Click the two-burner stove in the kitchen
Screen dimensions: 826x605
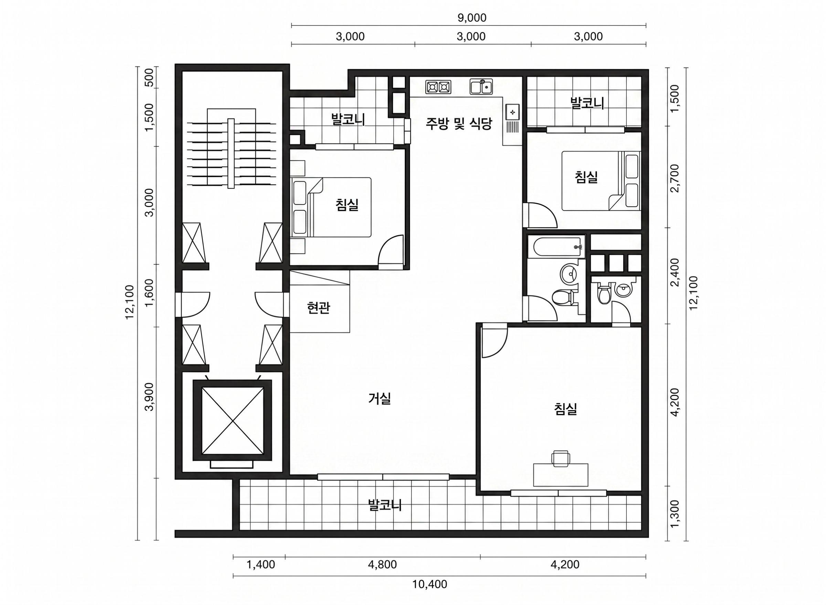[438, 87]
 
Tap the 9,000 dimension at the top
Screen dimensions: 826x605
[472, 18]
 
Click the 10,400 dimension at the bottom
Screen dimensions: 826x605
[430, 584]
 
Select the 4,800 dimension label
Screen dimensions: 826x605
[382, 564]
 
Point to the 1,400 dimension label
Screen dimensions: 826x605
[261, 564]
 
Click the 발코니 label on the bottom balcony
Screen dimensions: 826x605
[385, 505]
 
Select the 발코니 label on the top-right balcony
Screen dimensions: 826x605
[587, 103]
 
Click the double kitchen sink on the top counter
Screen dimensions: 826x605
[481, 87]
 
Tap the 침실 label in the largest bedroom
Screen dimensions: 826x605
[565, 409]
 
